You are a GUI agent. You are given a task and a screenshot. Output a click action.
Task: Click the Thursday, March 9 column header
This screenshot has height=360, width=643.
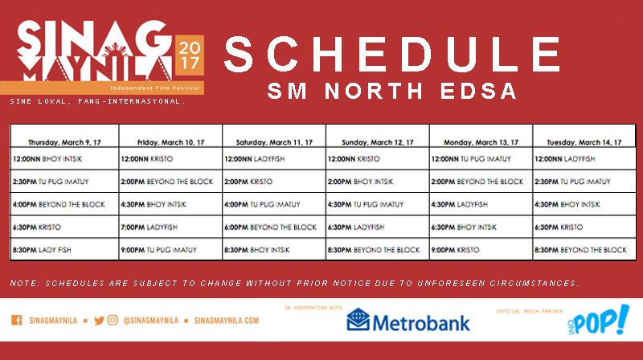tap(64, 142)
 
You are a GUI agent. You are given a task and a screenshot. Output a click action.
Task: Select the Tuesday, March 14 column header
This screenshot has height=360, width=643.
tap(584, 142)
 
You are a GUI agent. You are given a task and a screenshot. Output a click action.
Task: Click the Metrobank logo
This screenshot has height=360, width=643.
tap(408, 321)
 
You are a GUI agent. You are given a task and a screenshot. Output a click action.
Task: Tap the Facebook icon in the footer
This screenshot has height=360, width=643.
tap(17, 320)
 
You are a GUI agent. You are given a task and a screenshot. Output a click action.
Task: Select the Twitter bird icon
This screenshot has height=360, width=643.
tap(99, 321)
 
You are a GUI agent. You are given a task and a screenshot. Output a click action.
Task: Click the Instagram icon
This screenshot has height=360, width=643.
tap(113, 320)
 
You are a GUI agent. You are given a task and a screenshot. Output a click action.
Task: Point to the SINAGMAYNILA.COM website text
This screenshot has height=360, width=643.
tap(227, 321)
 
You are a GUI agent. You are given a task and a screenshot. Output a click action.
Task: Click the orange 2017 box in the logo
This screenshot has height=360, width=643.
tap(190, 55)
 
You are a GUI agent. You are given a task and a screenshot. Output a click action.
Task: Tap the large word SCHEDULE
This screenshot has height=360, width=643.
tap(392, 54)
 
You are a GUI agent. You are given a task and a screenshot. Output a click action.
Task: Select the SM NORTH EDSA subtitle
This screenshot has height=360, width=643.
tap(391, 91)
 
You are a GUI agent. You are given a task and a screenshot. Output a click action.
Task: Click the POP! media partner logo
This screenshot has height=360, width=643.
tap(599, 321)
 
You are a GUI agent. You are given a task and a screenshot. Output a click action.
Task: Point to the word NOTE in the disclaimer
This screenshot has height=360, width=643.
tap(25, 284)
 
